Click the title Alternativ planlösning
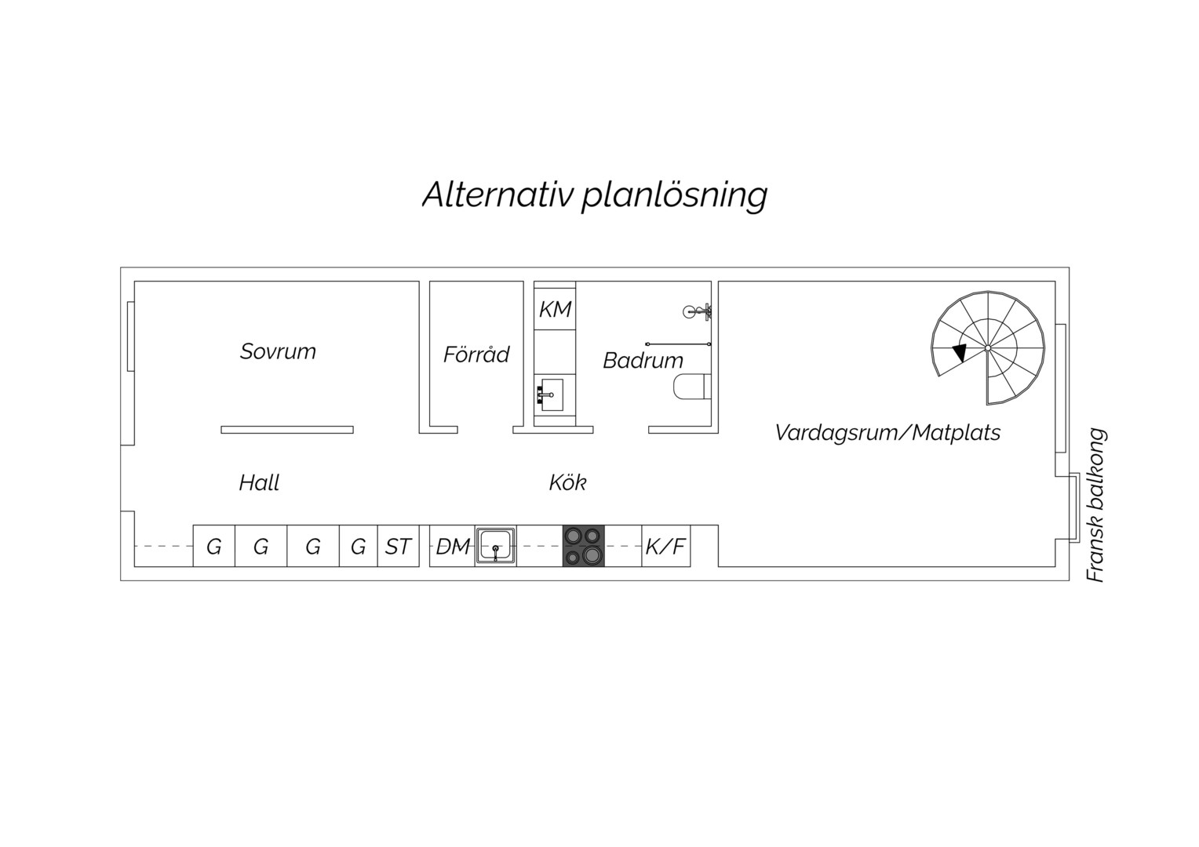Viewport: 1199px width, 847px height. click(596, 195)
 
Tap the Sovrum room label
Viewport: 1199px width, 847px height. click(278, 351)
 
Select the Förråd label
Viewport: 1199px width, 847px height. click(476, 354)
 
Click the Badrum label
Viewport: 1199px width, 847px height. click(643, 360)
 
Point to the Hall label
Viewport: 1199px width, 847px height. click(259, 482)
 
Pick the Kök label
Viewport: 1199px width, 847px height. click(567, 482)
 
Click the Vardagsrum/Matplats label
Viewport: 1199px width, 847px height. click(887, 432)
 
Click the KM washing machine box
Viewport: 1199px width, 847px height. click(555, 309)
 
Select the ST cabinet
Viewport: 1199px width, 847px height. click(399, 546)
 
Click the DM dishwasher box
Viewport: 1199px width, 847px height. click(452, 546)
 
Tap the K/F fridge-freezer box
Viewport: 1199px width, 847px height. click(666, 546)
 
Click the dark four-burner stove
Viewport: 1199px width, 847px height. click(584, 546)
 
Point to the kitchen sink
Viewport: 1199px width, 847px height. click(496, 546)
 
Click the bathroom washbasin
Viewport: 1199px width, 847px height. click(550, 395)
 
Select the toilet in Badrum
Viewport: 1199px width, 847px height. click(692, 387)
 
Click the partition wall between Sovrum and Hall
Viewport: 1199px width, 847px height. click(287, 430)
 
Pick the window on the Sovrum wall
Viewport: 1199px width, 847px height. click(130, 336)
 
